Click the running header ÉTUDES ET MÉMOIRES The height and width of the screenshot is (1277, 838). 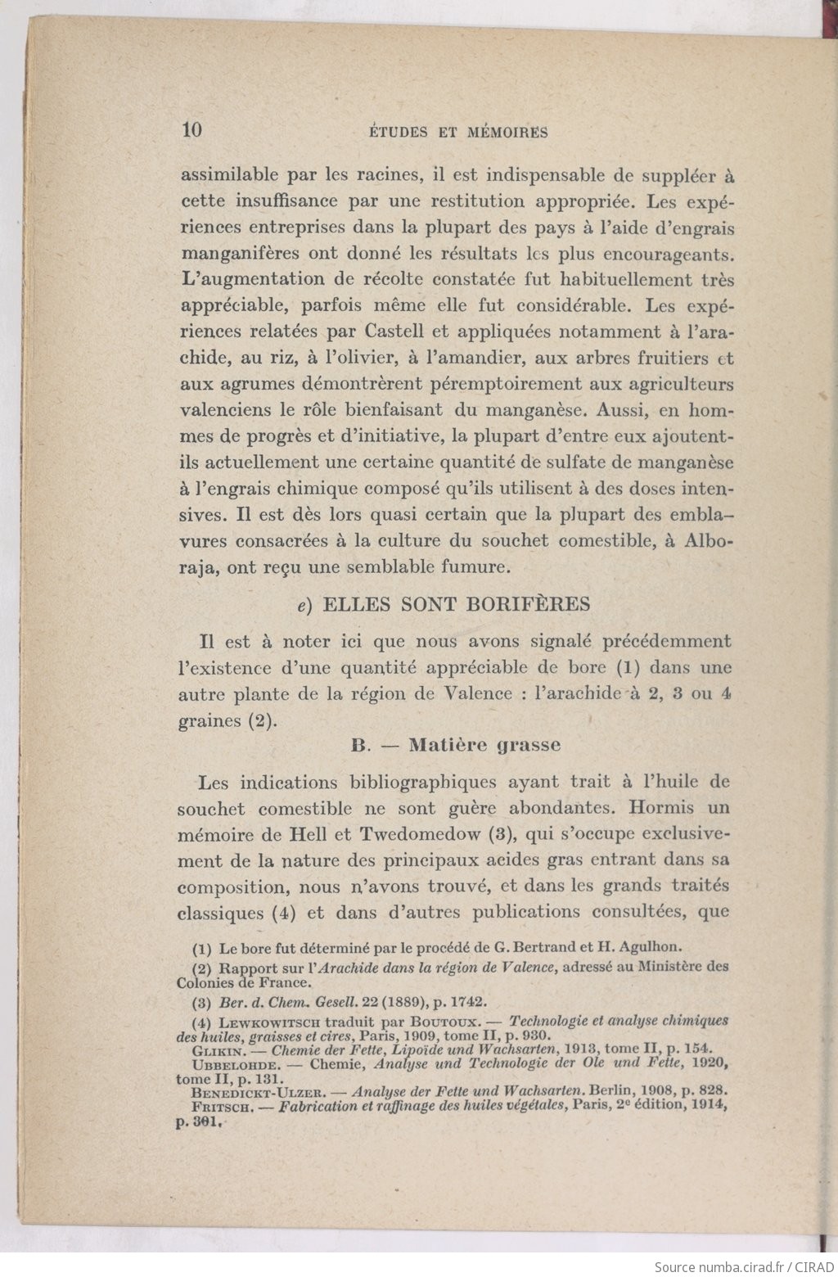tap(457, 132)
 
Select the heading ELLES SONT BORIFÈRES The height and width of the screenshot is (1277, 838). tap(456, 604)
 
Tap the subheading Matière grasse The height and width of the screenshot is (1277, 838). tap(484, 745)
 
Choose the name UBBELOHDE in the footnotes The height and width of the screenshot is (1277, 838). tap(233, 1063)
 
